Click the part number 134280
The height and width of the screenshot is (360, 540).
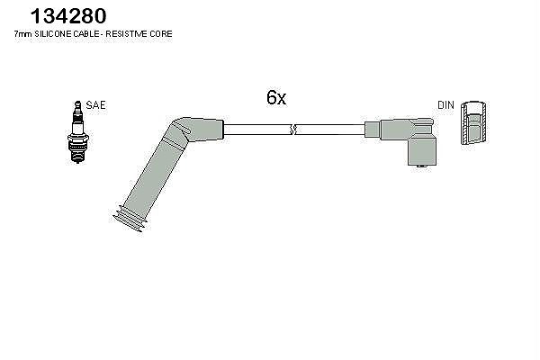click(x=68, y=16)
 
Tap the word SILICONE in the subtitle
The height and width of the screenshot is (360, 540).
click(x=53, y=34)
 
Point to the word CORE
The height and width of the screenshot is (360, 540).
click(x=160, y=34)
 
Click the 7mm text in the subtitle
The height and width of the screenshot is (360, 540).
click(x=23, y=34)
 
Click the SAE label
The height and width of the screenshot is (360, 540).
click(x=95, y=105)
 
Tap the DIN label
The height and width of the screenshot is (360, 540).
click(x=446, y=105)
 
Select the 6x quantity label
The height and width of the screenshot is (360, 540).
click(x=276, y=97)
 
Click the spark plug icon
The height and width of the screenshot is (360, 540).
click(x=77, y=132)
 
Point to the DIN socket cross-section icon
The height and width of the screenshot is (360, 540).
click(x=474, y=123)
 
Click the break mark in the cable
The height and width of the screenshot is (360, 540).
click(x=292, y=130)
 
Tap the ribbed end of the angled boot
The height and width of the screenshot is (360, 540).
click(x=130, y=219)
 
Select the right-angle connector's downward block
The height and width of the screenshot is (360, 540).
click(x=423, y=151)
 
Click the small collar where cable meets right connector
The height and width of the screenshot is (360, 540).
click(x=373, y=130)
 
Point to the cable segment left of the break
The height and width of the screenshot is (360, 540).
click(x=256, y=130)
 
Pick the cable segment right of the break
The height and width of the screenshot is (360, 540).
click(x=330, y=130)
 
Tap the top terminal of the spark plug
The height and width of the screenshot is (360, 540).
click(x=77, y=106)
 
